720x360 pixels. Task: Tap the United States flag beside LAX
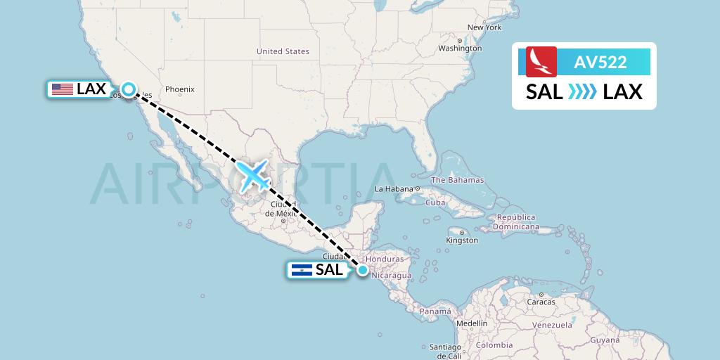pyautogui.click(x=63, y=89)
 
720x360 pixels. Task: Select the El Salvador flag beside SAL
pyautogui.click(x=301, y=270)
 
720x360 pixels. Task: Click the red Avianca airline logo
pyautogui.click(x=541, y=61)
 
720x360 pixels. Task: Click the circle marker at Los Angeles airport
pyautogui.click(x=128, y=89)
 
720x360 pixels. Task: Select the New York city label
pyautogui.click(x=484, y=27)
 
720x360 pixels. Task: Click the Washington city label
pyautogui.click(x=460, y=49)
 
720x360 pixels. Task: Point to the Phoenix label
pyautogui.click(x=179, y=89)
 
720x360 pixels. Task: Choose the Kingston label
pyautogui.click(x=461, y=240)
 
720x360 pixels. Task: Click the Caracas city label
pyautogui.click(x=541, y=302)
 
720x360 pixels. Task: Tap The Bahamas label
pyautogui.click(x=457, y=180)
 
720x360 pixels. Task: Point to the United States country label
pyautogui.click(x=283, y=51)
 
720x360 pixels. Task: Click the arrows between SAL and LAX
pyautogui.click(x=583, y=91)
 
